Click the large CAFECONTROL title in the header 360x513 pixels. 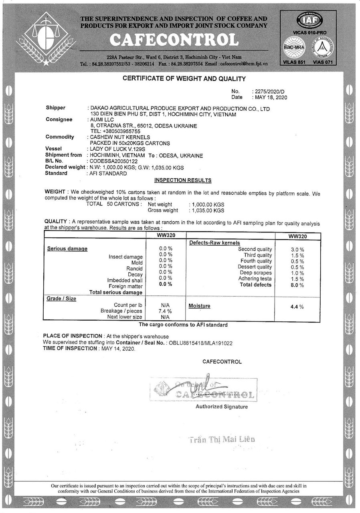tap(174, 40)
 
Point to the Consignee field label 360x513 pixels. tap(59, 119)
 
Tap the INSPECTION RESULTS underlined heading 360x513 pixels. tap(183, 180)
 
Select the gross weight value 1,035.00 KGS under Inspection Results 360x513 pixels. tap(207, 210)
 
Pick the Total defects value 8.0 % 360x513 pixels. tap(297, 285)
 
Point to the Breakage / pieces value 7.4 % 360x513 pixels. tap(166, 311)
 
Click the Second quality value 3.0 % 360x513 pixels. tap(297, 250)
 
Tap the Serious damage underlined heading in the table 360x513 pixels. tap(67, 248)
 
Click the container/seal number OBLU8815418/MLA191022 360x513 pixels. tap(201, 343)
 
